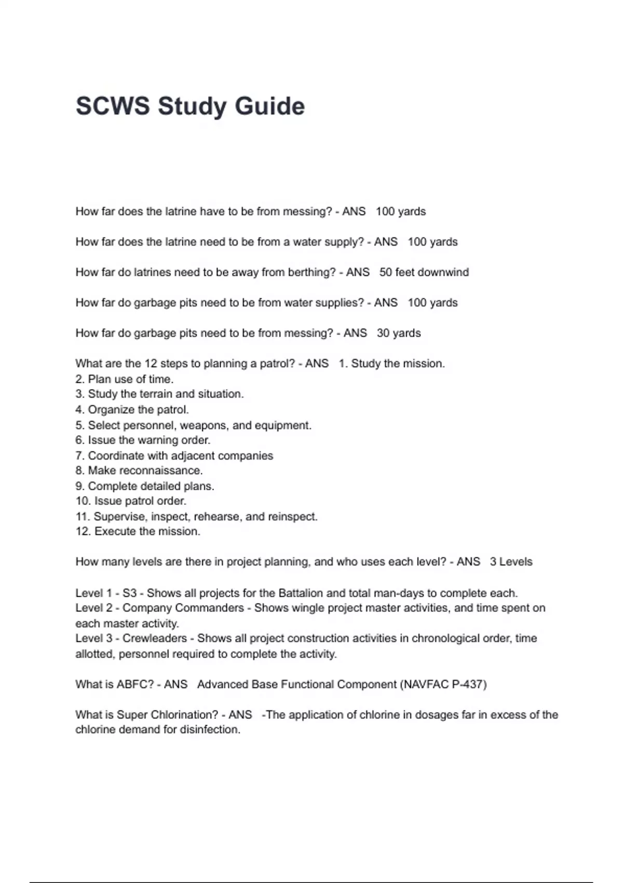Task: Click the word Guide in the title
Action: [269, 106]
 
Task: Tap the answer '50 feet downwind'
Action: [424, 272]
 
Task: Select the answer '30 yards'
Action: [399, 333]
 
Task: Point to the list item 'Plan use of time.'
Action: [130, 379]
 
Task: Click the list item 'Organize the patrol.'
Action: [138, 409]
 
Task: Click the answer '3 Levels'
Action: [511, 561]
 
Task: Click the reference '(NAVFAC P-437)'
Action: [443, 684]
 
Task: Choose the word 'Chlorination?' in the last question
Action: [184, 715]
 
